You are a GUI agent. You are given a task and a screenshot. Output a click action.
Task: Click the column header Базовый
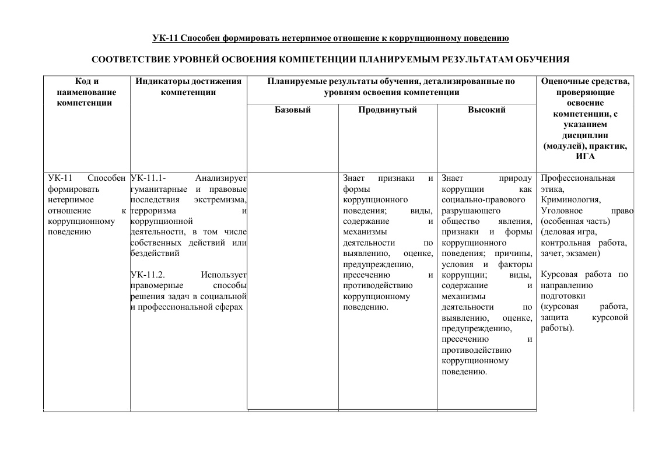(293, 110)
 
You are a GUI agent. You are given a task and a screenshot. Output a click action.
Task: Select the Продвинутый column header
(387, 110)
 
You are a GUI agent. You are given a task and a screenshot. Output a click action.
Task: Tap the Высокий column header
(486, 110)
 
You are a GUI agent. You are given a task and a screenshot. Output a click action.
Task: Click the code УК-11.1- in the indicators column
(149, 178)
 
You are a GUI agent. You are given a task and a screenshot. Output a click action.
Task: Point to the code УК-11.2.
(149, 274)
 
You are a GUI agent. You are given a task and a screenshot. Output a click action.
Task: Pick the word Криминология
(570, 199)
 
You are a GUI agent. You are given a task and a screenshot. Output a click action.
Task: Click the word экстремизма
(220, 199)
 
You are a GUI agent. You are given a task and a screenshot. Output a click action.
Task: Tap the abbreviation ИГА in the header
(585, 156)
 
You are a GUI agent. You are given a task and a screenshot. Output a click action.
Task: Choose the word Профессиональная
(577, 178)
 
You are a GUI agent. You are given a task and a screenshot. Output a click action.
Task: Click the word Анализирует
(221, 178)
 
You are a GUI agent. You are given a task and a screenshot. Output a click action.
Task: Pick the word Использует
(223, 274)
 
